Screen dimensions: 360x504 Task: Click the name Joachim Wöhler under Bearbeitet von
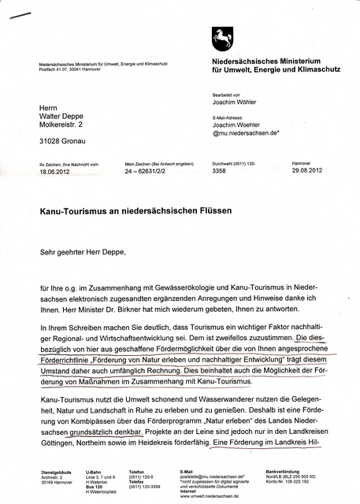236,102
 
